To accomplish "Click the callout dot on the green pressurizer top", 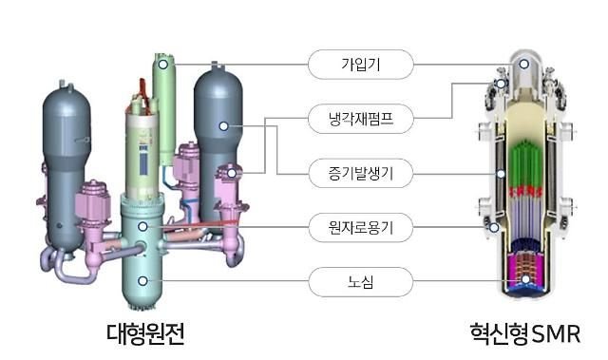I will click(x=164, y=65).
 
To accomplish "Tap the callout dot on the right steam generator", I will click(x=224, y=124).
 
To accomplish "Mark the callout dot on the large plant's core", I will click(x=142, y=280).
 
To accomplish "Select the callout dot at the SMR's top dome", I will click(x=522, y=65).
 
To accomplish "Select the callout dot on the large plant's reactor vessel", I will click(x=142, y=227).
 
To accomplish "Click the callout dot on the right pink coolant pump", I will click(x=229, y=174).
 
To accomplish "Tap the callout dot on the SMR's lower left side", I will click(x=492, y=227).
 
